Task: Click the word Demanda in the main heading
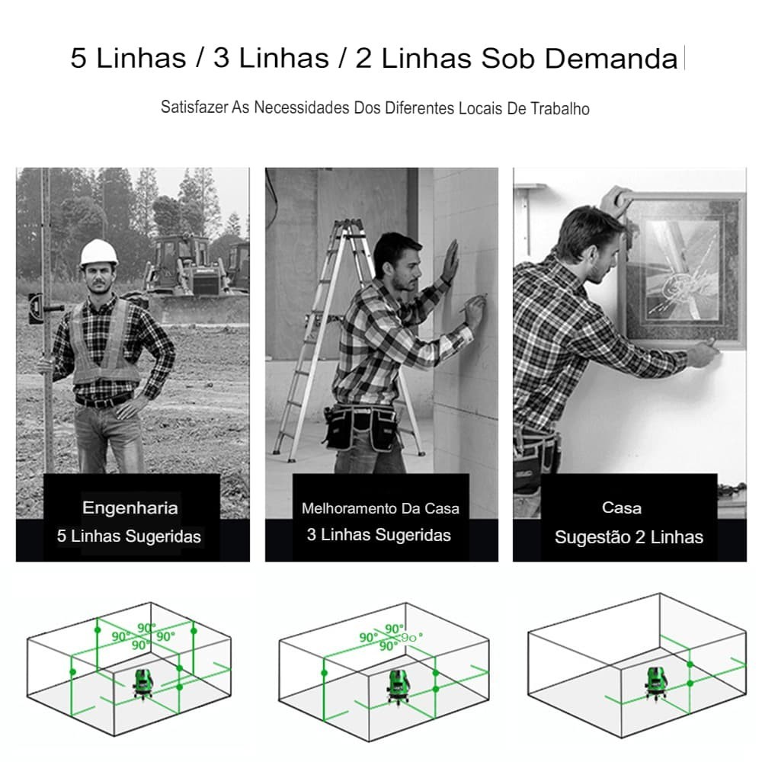pyautogui.click(x=611, y=59)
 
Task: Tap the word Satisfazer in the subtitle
pyautogui.click(x=194, y=107)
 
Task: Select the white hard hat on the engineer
pyautogui.click(x=98, y=253)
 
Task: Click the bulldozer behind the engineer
pyautogui.click(x=197, y=277)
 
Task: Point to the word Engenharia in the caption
pyautogui.click(x=130, y=507)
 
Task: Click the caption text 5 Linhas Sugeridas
pyautogui.click(x=129, y=536)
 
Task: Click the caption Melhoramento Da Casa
pyautogui.click(x=380, y=508)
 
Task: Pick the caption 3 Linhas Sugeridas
pyautogui.click(x=379, y=535)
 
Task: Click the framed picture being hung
pyautogui.click(x=683, y=270)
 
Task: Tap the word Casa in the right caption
pyautogui.click(x=622, y=507)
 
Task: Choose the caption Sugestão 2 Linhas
pyautogui.click(x=629, y=537)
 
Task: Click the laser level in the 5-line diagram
pyautogui.click(x=143, y=684)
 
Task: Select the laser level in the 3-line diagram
pyautogui.click(x=399, y=687)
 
